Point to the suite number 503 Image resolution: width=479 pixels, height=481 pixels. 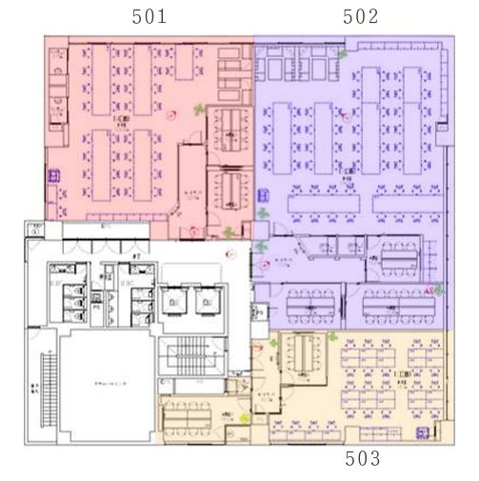point(362,459)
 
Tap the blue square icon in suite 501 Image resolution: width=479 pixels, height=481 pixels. point(54,175)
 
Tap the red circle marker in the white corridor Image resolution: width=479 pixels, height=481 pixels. point(230,253)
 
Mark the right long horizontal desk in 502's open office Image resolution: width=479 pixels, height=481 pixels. point(404,202)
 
